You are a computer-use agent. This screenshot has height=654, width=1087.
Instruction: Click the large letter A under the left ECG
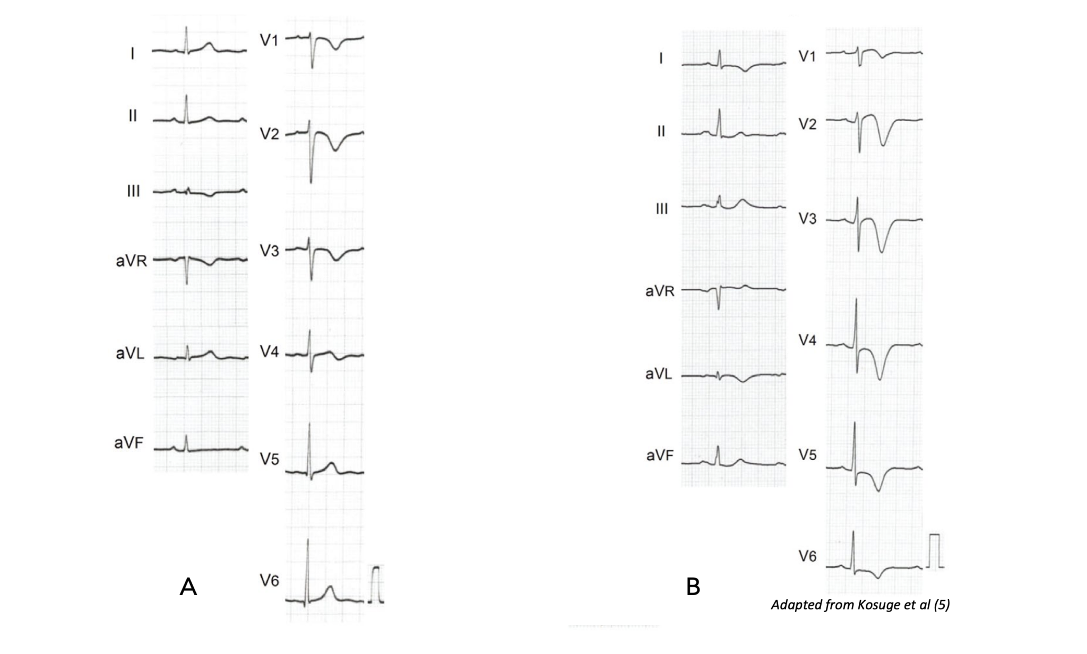point(188,587)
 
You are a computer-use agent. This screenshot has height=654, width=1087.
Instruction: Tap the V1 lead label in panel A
point(269,40)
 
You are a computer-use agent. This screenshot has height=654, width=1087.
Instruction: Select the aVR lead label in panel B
point(660,291)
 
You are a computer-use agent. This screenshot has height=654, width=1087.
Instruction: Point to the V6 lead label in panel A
point(269,581)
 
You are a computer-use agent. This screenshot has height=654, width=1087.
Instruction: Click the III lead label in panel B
point(661,209)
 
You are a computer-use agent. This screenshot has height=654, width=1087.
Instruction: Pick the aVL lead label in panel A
point(130,354)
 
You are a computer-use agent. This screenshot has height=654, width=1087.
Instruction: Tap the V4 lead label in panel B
point(807,340)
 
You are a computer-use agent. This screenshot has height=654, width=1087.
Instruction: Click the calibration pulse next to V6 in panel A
point(376,584)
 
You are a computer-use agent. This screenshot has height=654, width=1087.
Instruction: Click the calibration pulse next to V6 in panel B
point(934,551)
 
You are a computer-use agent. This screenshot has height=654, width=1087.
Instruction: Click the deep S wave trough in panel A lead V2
point(311,182)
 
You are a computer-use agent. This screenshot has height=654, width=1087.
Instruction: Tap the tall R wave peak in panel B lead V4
point(856,300)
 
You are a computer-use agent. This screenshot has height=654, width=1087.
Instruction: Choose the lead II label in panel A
point(133,116)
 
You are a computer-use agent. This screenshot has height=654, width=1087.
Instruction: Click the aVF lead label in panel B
point(660,455)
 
